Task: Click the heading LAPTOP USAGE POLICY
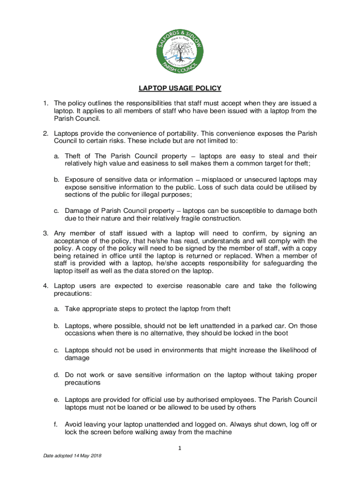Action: (180, 88)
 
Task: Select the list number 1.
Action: (45, 103)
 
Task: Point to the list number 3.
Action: (45, 233)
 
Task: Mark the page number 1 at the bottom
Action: (180, 449)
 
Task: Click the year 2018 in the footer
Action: (95, 456)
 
